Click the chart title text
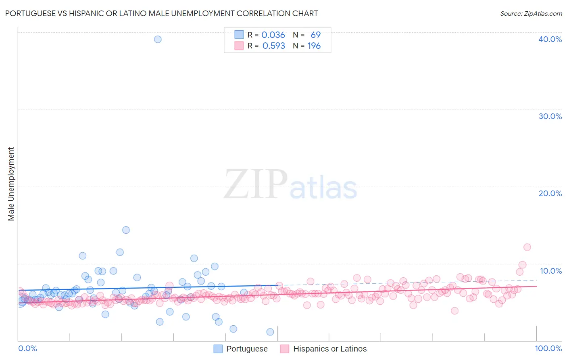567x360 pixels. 161,13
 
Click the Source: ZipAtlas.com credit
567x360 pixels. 531,13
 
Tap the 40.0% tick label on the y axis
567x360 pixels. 550,39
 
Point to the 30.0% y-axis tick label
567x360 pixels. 550,116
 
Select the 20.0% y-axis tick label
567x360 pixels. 550,193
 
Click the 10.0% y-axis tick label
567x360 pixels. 550,271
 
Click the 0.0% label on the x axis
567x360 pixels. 27,348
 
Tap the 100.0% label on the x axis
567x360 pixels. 548,348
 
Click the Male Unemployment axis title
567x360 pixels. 11,184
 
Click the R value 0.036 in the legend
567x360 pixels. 273,35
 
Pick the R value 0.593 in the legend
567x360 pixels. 273,46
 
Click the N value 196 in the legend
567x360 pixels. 314,46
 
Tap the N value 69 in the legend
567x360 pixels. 315,35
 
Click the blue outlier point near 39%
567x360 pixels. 158,39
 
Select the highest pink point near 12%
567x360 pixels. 527,247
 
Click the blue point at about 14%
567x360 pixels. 126,230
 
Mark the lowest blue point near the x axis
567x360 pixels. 270,332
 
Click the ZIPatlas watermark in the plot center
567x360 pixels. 290,184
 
